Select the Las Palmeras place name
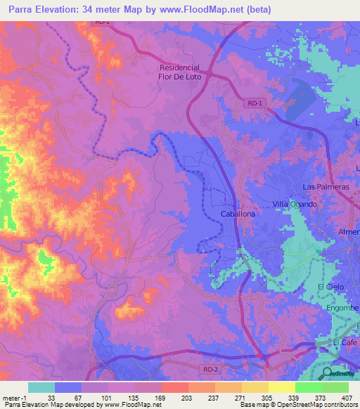tap(325, 188)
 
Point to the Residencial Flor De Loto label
tap(181, 72)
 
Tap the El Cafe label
tap(345, 342)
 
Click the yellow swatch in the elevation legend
tap(281, 387)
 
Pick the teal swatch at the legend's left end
tap(41, 387)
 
